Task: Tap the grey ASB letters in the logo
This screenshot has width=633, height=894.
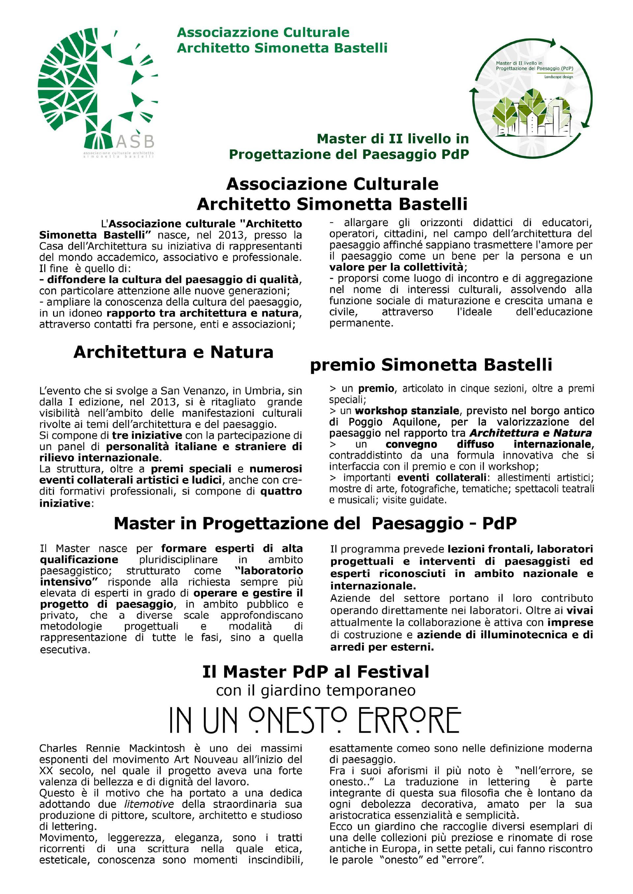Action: point(135,140)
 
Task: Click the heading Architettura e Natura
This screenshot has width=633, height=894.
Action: point(173,352)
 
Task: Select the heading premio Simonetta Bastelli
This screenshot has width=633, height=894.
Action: point(431,365)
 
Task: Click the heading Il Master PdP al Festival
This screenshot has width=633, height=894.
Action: point(316,672)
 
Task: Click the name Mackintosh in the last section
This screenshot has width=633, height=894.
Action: point(157,749)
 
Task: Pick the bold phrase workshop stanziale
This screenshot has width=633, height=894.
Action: point(407,411)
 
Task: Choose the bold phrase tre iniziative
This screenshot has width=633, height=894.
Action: point(147,435)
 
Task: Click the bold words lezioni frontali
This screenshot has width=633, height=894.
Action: point(490,549)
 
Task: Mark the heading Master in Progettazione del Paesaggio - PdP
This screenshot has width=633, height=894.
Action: point(315,524)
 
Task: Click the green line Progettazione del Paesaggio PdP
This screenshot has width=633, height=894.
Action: point(349,154)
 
